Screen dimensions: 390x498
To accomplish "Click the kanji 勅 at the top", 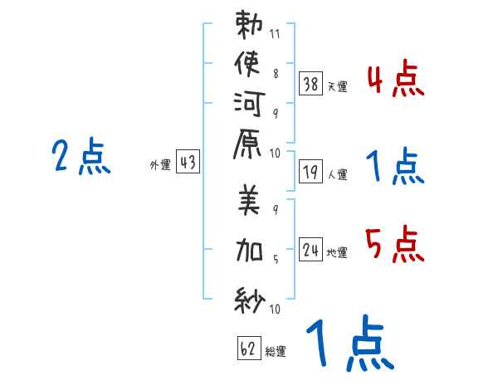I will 248,24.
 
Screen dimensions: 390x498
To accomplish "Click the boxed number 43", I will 188,163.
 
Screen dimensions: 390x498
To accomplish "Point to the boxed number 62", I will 247,349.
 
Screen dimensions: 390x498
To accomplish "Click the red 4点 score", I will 395,82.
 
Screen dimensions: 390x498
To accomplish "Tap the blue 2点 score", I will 81,157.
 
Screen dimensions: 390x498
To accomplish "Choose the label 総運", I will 276,352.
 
